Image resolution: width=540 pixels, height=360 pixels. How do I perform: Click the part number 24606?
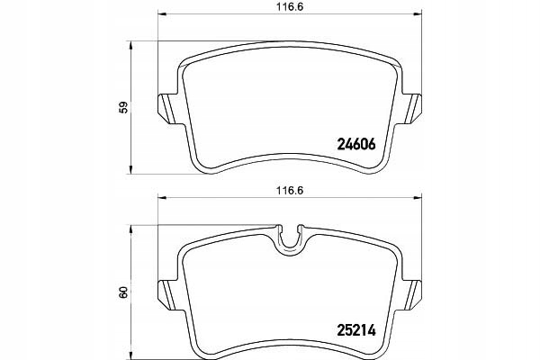356,144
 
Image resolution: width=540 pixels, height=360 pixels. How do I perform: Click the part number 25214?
355,330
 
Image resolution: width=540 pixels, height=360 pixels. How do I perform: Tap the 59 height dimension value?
123,107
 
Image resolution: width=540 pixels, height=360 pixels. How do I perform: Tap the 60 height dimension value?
123,292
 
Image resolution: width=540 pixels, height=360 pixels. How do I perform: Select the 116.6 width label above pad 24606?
290,7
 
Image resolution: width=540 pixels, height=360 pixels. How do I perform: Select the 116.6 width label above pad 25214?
290,191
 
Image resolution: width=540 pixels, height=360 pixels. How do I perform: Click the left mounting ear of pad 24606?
167,109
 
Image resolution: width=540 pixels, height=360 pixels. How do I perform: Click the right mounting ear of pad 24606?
412,109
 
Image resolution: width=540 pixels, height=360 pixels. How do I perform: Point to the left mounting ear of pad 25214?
167,295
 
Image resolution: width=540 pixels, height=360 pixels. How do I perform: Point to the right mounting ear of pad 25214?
412,295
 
